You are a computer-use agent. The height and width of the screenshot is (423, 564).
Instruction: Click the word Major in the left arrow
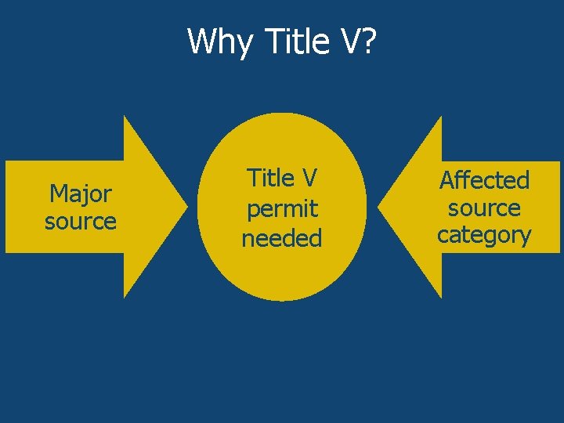pos(81,193)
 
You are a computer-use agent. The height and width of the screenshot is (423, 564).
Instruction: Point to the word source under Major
pos(81,221)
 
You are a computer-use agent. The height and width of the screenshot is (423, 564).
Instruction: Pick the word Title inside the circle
pos(270,179)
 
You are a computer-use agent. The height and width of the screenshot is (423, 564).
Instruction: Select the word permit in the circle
pos(282,208)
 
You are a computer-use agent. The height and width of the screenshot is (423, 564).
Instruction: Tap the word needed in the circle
pos(282,237)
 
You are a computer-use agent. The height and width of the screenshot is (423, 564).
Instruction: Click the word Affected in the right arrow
pos(484,180)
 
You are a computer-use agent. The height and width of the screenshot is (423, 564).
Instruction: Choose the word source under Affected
pos(484,208)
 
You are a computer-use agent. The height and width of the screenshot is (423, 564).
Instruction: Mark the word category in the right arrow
pos(484,234)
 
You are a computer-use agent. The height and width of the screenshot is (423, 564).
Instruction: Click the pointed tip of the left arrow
pos(186,207)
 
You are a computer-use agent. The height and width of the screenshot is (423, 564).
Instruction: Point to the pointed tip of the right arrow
pos(379,207)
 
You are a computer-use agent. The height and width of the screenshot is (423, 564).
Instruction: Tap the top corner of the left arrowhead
pos(125,117)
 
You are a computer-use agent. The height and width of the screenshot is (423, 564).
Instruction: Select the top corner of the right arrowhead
pos(441,117)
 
